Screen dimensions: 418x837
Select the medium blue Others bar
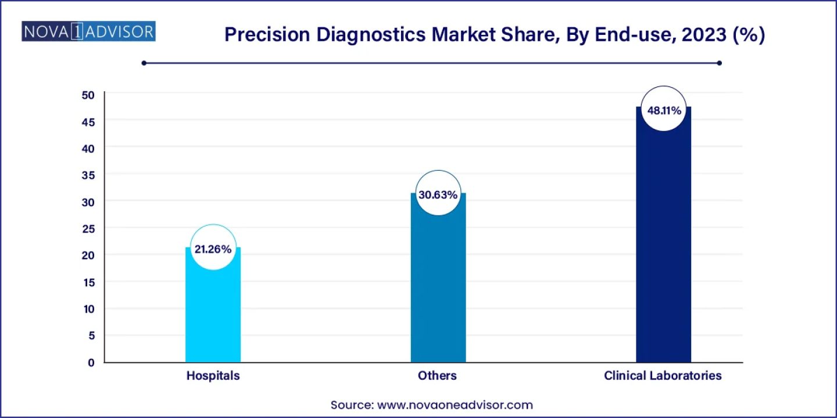tap(438, 290)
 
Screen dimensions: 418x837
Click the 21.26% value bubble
tap(213, 249)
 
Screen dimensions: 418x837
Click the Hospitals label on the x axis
tap(213, 376)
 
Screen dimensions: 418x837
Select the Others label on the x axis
tap(437, 376)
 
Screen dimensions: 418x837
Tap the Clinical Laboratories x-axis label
tap(663, 376)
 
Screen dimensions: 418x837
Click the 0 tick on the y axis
tap(91, 363)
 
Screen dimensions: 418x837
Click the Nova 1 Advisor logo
tap(88, 31)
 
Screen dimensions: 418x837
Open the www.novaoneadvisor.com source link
tap(455, 405)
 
